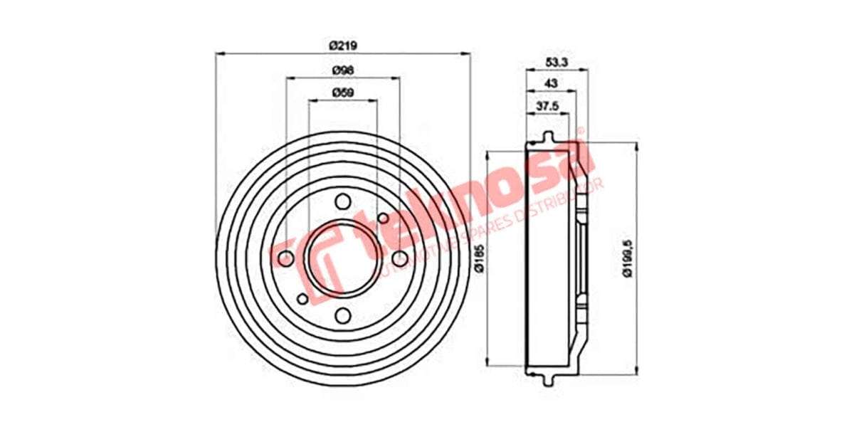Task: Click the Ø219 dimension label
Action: (x=342, y=45)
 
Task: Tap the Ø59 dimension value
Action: (x=342, y=93)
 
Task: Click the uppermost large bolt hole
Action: (x=343, y=201)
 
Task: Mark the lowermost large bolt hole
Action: (x=343, y=315)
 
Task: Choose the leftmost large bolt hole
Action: (x=286, y=258)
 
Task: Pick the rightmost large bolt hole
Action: (x=400, y=258)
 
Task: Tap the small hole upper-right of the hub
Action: (x=382, y=218)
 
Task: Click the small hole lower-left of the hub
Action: (x=302, y=298)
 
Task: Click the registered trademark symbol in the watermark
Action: (x=579, y=132)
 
